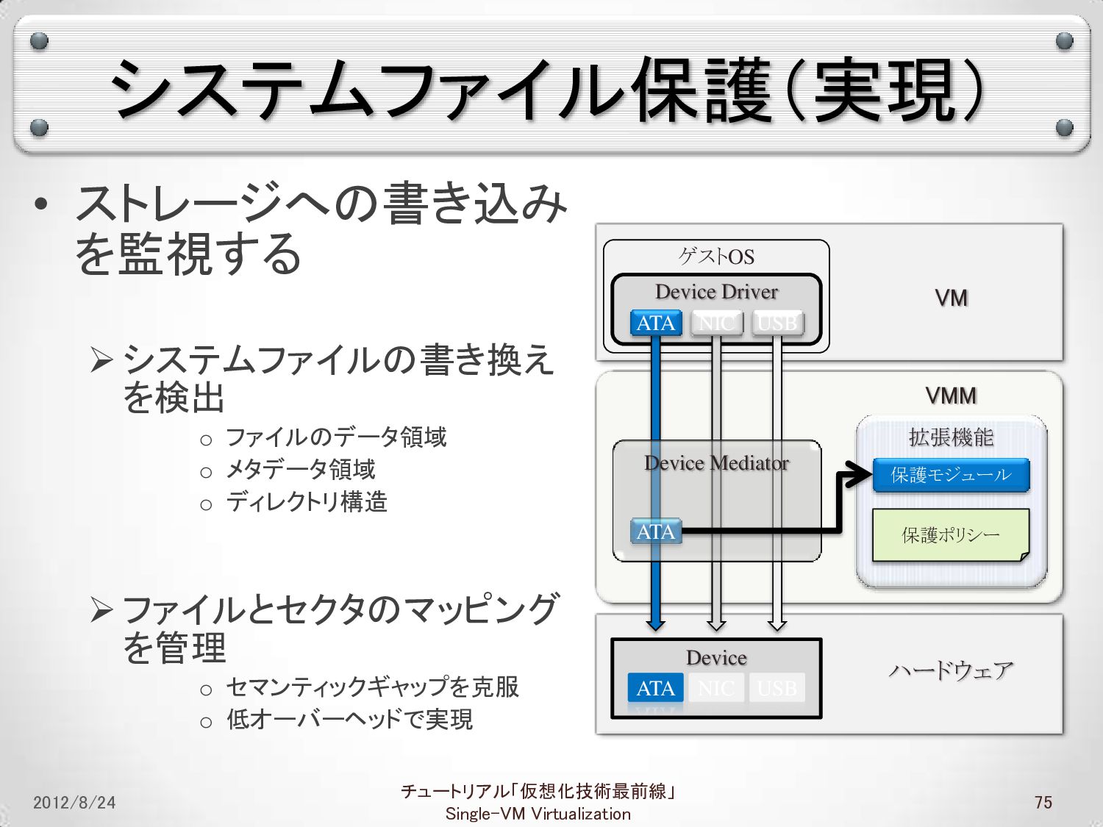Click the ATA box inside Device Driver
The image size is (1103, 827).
(x=656, y=323)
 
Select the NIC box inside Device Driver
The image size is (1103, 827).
(x=716, y=323)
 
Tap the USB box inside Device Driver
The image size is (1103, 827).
(x=777, y=323)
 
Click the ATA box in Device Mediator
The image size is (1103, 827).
(x=656, y=531)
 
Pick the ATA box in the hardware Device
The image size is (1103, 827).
(x=655, y=688)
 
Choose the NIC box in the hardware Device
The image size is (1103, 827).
(x=715, y=688)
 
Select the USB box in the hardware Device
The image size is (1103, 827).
(x=777, y=688)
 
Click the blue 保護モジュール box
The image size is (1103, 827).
(x=951, y=475)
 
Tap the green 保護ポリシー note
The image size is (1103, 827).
(x=951, y=535)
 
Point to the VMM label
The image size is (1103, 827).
(x=951, y=396)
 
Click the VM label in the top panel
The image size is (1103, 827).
(x=951, y=298)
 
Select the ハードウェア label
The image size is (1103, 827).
(x=951, y=670)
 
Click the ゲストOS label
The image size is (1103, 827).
(x=716, y=257)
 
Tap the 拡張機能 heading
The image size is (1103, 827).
(x=951, y=437)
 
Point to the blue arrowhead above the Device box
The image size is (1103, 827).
(x=655, y=624)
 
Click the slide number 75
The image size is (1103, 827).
(x=1043, y=802)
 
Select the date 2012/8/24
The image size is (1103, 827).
(x=74, y=802)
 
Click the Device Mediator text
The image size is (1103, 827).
(x=716, y=463)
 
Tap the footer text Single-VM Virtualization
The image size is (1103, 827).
(x=538, y=814)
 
